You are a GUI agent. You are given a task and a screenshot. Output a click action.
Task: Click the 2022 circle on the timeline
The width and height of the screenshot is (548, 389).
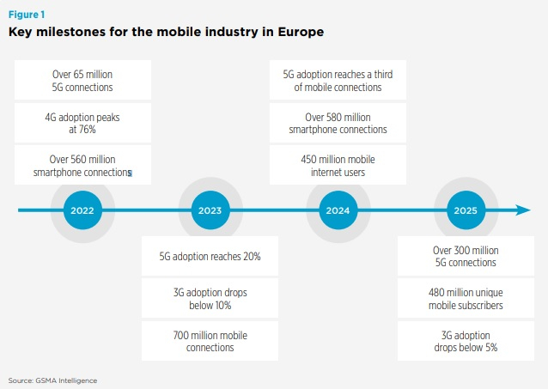(82, 210)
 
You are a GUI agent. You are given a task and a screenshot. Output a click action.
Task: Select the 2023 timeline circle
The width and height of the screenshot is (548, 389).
(210, 210)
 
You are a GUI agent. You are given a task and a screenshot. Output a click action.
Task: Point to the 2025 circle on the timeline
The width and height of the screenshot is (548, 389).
(465, 210)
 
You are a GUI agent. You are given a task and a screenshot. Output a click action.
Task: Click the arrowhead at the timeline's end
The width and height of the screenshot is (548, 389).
(522, 210)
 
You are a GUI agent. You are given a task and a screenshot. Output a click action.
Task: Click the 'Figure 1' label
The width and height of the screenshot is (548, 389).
(26, 15)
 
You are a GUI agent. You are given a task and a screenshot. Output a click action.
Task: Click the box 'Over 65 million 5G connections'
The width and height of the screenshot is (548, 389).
(82, 81)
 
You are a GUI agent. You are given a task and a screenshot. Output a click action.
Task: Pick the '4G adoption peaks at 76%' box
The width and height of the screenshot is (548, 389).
(82, 123)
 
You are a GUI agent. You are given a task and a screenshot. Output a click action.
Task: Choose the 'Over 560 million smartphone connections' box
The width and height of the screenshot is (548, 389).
(82, 166)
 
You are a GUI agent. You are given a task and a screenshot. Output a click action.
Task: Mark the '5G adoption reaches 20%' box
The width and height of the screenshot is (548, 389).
(210, 256)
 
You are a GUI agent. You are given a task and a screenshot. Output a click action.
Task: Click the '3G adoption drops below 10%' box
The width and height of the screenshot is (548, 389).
(210, 298)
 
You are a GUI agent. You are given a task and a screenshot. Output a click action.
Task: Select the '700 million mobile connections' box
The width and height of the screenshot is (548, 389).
(210, 341)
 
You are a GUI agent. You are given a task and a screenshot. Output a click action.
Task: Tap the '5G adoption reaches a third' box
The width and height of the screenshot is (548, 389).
(338, 81)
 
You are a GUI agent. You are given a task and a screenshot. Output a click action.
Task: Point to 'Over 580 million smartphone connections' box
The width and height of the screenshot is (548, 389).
(338, 123)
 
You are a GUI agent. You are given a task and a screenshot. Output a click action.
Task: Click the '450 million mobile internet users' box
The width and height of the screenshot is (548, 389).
(338, 166)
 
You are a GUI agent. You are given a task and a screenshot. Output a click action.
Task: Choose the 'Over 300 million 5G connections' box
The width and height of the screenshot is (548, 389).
(465, 256)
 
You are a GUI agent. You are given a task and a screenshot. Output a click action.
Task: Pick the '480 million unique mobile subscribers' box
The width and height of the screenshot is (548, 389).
(465, 298)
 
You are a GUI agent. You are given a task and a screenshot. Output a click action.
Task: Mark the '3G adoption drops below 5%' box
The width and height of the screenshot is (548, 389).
(465, 341)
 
